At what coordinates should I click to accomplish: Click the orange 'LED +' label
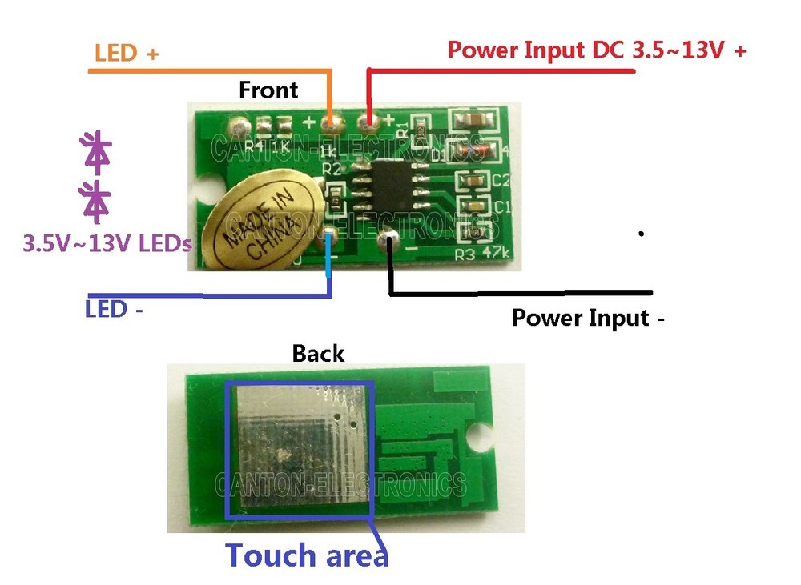127,54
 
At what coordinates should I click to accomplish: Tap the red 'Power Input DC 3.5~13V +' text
597,50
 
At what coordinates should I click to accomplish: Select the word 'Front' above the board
268,90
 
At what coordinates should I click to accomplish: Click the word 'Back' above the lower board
318,353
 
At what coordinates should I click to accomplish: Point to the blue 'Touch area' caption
307,555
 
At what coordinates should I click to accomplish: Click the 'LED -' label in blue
114,308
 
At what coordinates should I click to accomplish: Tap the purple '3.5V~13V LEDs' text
108,242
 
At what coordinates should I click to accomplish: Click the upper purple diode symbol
96,153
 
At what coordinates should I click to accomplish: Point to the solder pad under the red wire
369,122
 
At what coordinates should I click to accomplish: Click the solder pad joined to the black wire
392,238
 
